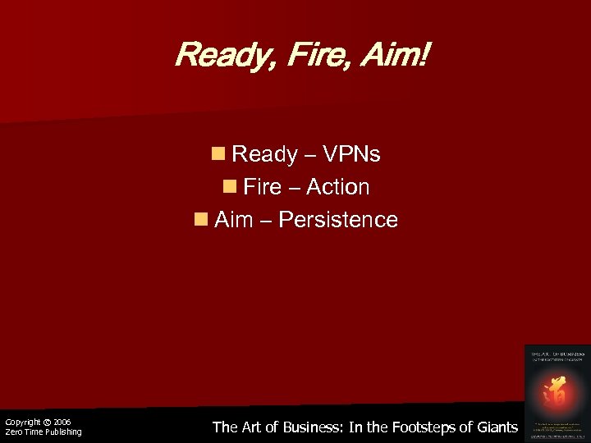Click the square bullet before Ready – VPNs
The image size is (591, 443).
point(218,154)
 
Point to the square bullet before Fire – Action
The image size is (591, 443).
point(229,187)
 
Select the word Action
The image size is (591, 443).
point(337,187)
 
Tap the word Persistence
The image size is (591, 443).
point(338,220)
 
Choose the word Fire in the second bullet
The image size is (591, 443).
point(263,187)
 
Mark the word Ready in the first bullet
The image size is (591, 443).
point(264,154)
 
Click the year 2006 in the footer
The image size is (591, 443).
point(62,422)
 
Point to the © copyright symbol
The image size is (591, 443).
point(48,422)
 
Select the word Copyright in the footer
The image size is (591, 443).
point(22,422)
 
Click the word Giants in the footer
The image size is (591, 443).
point(495,427)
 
